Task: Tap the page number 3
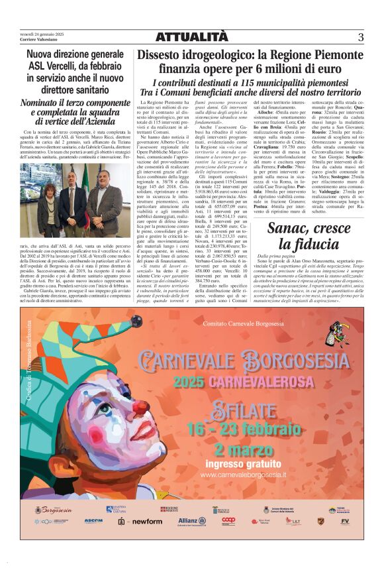(x=360, y=37)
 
